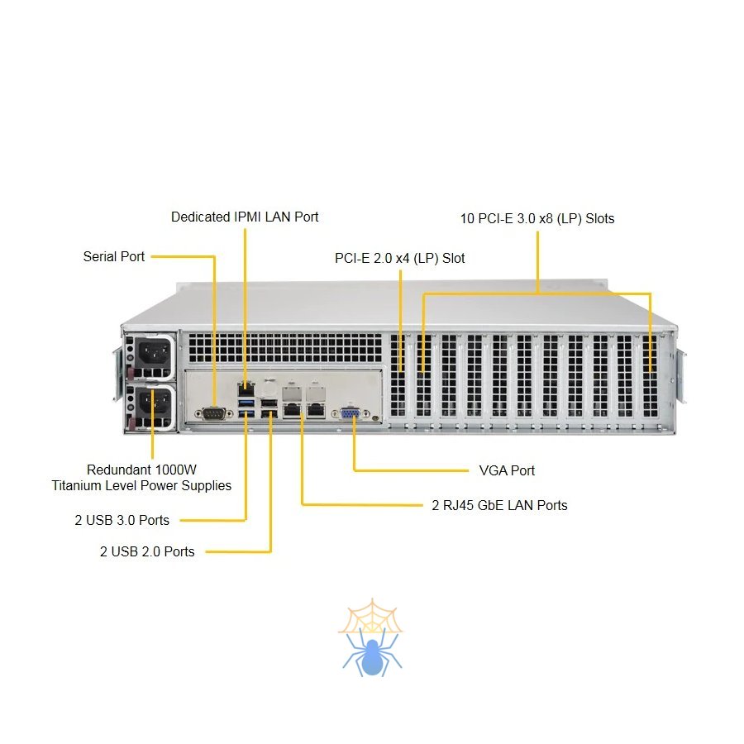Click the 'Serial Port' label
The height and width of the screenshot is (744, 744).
[114, 256]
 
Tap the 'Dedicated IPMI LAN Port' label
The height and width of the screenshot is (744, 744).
[245, 217]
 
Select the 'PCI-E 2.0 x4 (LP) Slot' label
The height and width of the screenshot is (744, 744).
[400, 258]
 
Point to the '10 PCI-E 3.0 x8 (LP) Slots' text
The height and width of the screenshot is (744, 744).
[537, 219]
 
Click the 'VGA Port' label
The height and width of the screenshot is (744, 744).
[507, 470]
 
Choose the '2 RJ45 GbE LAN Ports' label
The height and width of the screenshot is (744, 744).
[500, 504]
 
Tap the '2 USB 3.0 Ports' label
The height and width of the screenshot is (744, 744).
[122, 520]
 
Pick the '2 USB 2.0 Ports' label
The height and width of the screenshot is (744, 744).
[147, 551]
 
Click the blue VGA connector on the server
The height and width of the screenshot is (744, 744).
[351, 413]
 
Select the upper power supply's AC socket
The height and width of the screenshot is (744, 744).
[154, 356]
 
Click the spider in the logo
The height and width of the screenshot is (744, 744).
[371, 652]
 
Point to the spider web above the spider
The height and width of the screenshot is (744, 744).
[370, 617]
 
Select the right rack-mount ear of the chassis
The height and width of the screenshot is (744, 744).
[681, 377]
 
